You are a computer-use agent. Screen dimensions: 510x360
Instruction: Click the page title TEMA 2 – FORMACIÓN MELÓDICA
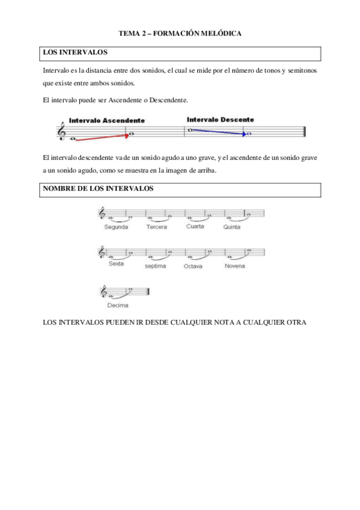(x=180, y=34)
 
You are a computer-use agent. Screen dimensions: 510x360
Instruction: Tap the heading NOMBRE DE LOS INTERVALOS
(x=98, y=188)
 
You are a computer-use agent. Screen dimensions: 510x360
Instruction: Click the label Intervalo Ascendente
(x=106, y=120)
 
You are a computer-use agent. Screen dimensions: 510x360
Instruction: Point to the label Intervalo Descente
(x=220, y=119)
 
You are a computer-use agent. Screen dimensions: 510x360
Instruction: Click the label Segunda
(x=115, y=227)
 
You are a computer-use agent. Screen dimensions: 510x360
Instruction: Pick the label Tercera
(x=156, y=227)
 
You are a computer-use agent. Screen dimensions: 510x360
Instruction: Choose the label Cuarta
(x=195, y=227)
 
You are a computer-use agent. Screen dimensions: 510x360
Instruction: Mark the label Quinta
(x=231, y=227)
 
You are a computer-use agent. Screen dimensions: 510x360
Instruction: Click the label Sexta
(x=116, y=264)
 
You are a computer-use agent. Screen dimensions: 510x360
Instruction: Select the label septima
(x=155, y=266)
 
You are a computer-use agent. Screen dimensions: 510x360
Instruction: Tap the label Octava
(x=193, y=266)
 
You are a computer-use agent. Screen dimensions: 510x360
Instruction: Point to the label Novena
(x=235, y=265)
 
